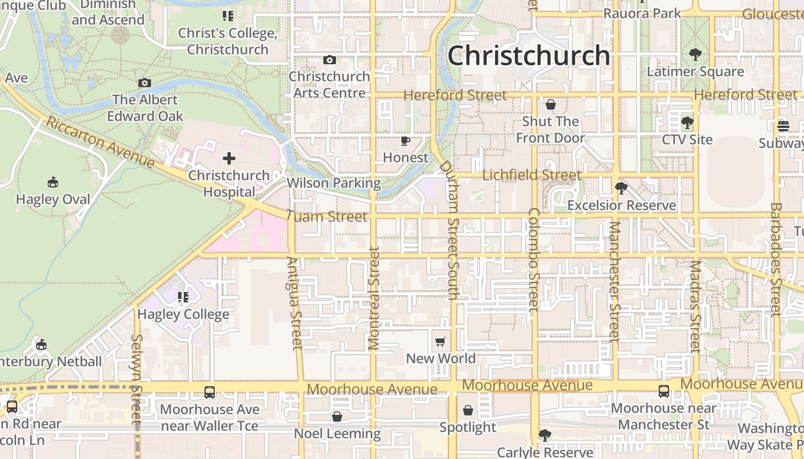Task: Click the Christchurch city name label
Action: pos(528,56)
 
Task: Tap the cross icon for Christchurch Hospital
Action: pos(229,158)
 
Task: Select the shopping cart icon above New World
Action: pos(440,342)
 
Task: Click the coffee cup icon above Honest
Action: pos(405,141)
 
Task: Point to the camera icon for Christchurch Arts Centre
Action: pos(329,60)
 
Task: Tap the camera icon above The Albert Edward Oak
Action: pos(145,83)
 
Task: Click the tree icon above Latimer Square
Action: pos(695,55)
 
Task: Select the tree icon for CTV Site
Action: pos(687,123)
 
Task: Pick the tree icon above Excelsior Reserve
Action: pos(621,188)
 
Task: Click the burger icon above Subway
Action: pos(783,126)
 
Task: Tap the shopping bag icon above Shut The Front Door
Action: pos(550,104)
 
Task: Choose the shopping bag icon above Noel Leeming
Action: pos(337,416)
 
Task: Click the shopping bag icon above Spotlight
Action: pos(468,410)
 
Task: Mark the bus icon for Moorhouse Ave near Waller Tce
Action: pos(210,392)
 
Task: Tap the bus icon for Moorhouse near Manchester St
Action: pos(664,391)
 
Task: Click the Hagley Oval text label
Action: pos(53,199)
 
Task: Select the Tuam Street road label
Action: pos(326,216)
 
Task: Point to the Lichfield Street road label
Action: pos(532,175)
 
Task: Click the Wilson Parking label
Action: pos(334,183)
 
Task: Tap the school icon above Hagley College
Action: pos(183,297)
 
